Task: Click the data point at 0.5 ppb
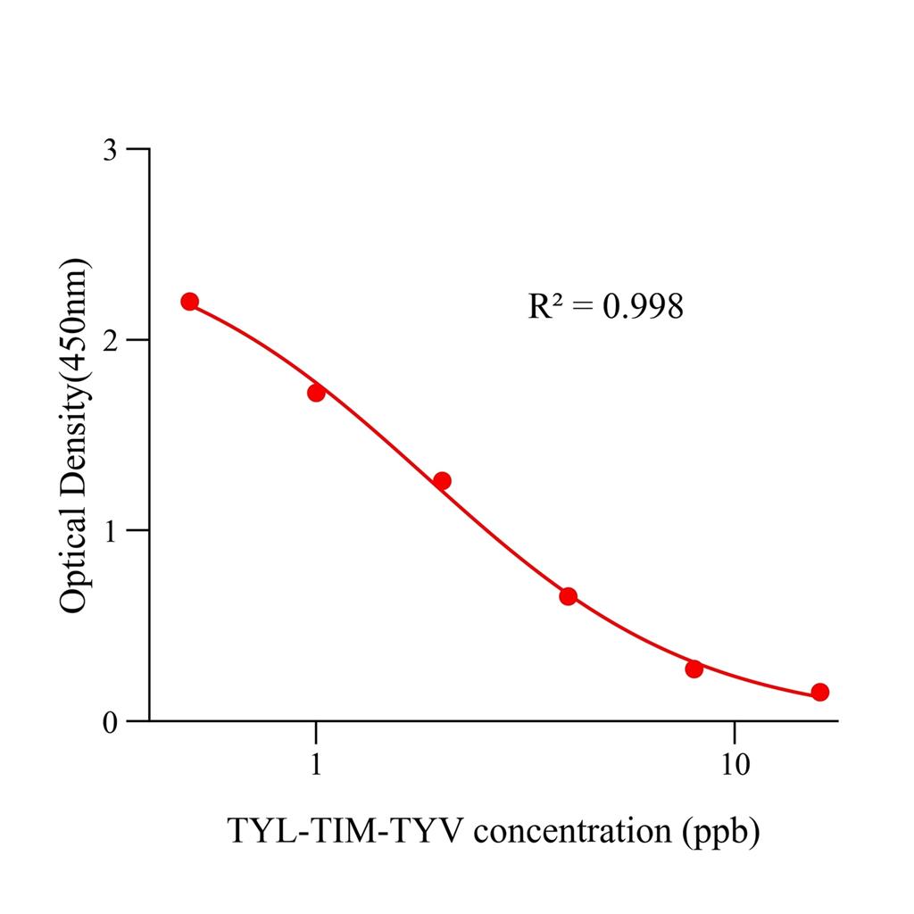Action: click(189, 302)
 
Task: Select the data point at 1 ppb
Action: click(316, 393)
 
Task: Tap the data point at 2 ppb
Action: click(442, 481)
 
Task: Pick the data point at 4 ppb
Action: click(568, 596)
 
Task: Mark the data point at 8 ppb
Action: click(694, 669)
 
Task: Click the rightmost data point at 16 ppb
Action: click(820, 692)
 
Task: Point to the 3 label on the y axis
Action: click(110, 149)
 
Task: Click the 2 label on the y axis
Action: click(110, 340)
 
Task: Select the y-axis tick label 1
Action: click(110, 530)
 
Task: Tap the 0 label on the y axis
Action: click(110, 721)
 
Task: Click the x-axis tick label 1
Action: click(316, 765)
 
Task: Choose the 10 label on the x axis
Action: click(734, 765)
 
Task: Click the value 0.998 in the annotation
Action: click(643, 307)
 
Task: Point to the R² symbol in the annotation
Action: click(544, 307)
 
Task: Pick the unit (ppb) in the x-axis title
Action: click(719, 833)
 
